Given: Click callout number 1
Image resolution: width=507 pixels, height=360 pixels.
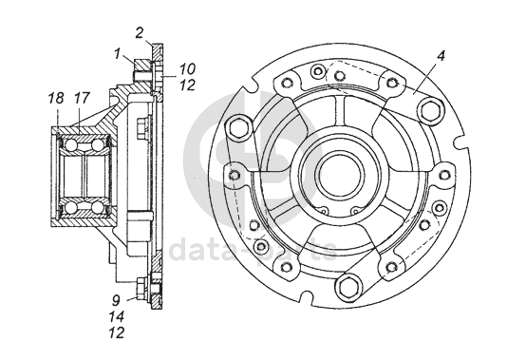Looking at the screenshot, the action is (x=118, y=53).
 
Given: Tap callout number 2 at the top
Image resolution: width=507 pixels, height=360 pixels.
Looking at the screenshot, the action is (x=139, y=32).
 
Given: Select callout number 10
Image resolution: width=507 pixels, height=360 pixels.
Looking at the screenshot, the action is (x=187, y=69).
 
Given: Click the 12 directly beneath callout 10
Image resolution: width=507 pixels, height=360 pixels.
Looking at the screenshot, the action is (x=187, y=85).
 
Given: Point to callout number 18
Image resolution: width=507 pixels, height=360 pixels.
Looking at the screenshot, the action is (x=56, y=99).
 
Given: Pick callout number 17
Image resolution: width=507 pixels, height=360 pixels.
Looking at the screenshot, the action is (x=81, y=99).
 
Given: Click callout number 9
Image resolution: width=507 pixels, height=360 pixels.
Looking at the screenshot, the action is (x=117, y=300).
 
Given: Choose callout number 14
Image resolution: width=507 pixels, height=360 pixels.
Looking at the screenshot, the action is (x=117, y=316).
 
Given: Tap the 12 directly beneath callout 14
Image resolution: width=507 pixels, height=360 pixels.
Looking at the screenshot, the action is (x=117, y=332).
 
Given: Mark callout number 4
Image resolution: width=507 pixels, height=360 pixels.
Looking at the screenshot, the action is (x=441, y=56).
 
